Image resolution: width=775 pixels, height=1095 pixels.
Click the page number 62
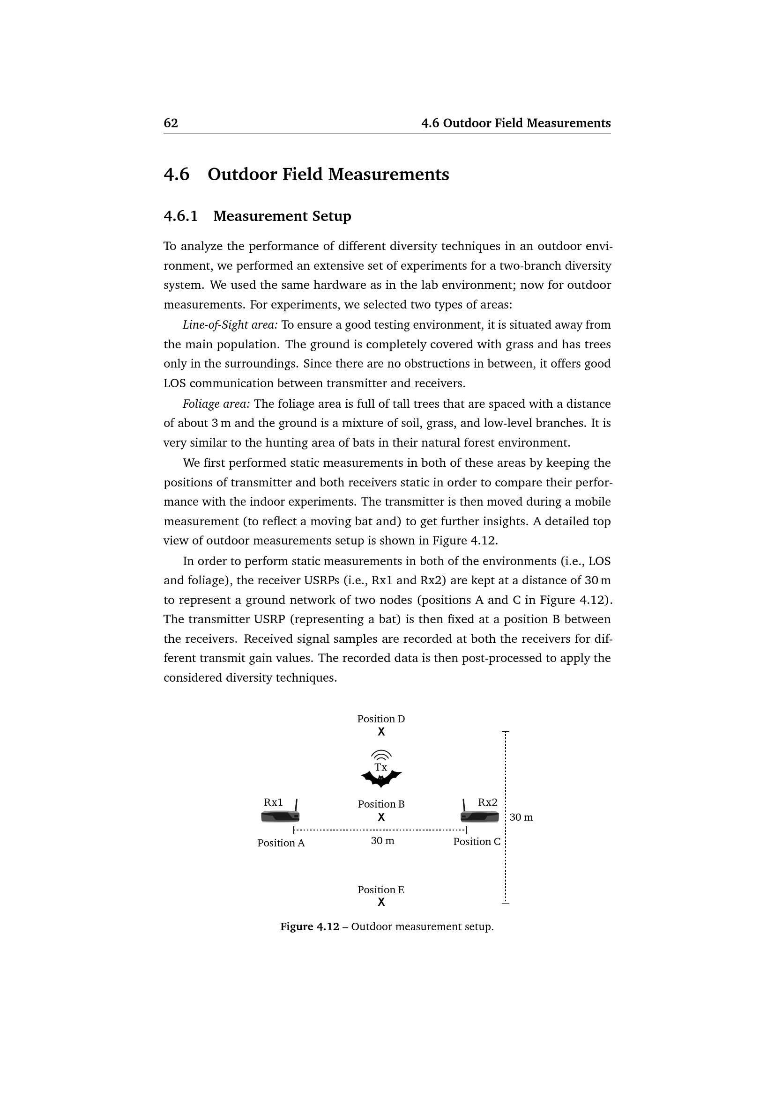coord(171,124)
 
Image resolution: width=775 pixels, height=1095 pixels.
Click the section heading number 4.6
coord(177,175)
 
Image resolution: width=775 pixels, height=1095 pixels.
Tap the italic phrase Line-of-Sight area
coord(230,325)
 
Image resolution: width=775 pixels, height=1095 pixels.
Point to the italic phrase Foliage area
coord(216,404)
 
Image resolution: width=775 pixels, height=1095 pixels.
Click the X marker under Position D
coord(381,732)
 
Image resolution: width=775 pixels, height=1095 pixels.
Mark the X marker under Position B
coord(381,817)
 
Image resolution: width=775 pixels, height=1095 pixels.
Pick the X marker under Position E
coord(381,902)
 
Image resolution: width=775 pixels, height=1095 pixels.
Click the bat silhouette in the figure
coord(381,779)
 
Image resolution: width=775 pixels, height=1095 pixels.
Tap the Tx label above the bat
coord(381,767)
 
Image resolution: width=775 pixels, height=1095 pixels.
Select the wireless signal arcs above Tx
coord(381,755)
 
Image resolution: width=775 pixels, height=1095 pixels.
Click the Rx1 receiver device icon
coord(280,817)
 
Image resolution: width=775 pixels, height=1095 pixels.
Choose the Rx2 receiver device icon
coord(480,817)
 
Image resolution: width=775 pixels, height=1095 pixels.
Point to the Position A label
coord(281,843)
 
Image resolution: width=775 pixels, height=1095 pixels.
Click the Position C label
coord(477,842)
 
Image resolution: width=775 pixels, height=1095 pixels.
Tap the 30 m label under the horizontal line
coord(382,841)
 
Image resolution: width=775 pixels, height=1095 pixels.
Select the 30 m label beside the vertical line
coord(521,817)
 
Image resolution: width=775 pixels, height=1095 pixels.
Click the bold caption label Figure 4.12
coord(309,926)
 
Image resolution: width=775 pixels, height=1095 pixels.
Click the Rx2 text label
coord(488,803)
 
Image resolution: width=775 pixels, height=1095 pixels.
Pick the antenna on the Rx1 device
coord(296,806)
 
